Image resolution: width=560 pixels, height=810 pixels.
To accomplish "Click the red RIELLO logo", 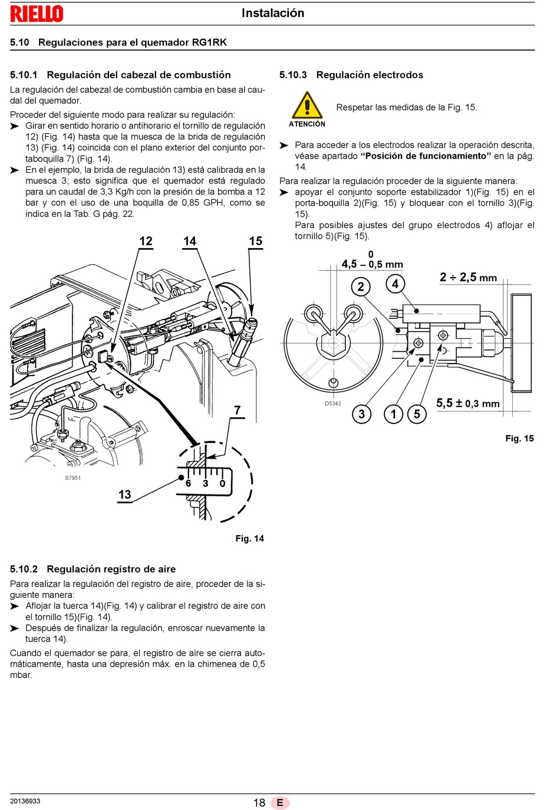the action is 37,14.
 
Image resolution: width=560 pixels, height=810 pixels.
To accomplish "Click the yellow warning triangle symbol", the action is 307,105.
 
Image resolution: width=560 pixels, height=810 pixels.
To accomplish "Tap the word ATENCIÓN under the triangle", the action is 307,124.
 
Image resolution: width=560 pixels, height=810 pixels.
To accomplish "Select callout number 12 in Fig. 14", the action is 146,241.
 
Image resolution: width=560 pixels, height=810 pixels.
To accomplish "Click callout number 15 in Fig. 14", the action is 256,241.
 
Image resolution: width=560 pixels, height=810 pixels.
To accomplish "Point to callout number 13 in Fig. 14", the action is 125,495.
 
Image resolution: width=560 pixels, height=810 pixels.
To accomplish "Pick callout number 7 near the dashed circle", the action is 237,410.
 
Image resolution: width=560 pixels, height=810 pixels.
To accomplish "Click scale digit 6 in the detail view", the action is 188,483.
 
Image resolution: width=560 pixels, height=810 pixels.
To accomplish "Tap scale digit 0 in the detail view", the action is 222,483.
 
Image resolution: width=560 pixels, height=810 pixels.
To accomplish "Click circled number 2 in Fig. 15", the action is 361,287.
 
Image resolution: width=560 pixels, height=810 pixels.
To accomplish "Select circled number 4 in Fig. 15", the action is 395,284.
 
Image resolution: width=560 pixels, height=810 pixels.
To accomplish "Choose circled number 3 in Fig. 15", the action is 361,414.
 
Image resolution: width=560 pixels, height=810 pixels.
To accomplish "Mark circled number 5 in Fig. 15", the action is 417,414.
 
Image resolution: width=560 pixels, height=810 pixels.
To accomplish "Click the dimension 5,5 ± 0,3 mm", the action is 468,403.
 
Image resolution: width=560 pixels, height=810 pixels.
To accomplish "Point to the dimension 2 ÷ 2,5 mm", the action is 468,277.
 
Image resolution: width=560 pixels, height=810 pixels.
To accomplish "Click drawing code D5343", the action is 332,404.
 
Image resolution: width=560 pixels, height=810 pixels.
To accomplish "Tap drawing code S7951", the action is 73,478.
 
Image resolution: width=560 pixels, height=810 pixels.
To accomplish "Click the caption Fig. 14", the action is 249,538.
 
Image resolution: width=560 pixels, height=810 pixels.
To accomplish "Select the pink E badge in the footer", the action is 280,802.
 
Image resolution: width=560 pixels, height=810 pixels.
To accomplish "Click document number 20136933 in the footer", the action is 25,801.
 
